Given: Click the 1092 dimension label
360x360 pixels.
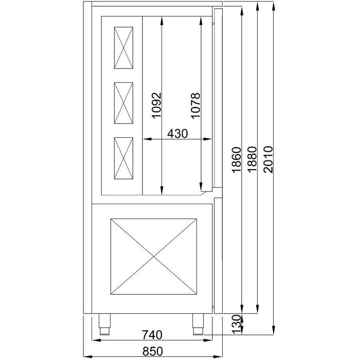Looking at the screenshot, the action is (156, 105).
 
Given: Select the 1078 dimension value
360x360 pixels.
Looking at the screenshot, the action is (195, 106).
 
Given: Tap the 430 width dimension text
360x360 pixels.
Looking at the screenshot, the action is (177, 133).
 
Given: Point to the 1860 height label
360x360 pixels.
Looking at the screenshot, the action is (237, 159).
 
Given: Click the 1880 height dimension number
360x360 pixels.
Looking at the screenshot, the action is (252, 159).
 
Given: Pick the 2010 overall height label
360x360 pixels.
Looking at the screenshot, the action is (268, 159).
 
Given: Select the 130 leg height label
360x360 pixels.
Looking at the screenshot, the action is (237, 324).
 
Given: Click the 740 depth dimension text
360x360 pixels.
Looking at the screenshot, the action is (152, 335).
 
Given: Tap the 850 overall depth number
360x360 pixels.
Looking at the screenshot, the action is (152, 351).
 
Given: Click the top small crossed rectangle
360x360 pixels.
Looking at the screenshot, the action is (123, 48).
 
